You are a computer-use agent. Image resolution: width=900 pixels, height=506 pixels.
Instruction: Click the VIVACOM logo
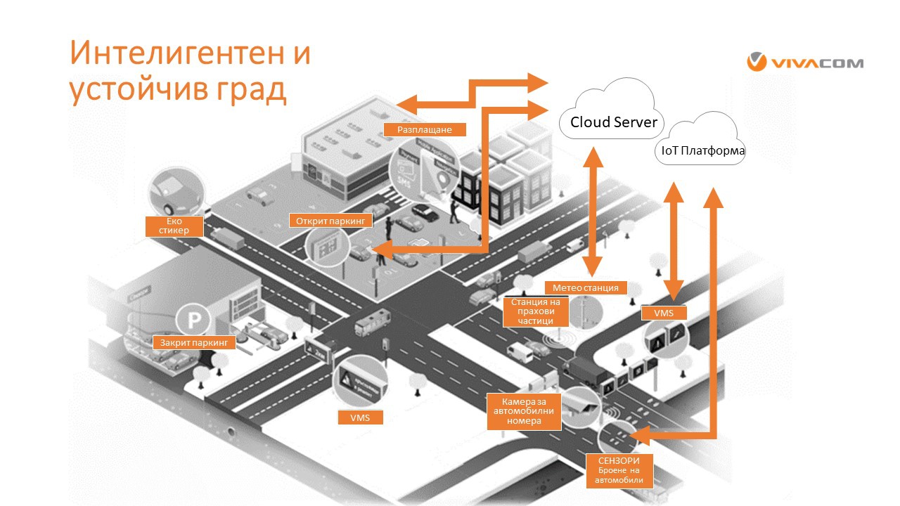[x=804, y=63]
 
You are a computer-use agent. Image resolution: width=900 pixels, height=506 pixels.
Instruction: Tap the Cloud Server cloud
[x=612, y=122]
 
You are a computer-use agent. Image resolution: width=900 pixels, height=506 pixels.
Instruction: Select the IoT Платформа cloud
[x=700, y=150]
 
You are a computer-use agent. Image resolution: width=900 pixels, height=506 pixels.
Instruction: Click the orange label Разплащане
[x=424, y=129]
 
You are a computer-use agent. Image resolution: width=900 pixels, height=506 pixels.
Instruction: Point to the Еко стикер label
[x=174, y=226]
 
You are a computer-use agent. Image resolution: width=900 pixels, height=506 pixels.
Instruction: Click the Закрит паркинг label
[x=191, y=343]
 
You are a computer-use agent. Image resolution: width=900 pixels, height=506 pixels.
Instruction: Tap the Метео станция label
[x=585, y=287]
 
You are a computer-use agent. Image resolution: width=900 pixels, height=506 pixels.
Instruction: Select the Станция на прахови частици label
[x=537, y=311]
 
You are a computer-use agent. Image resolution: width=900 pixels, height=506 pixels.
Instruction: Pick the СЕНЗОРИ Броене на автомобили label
[x=618, y=470]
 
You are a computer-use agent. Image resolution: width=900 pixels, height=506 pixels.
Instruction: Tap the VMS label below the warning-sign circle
[x=359, y=417]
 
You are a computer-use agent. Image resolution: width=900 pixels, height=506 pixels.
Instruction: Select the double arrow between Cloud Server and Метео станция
[x=593, y=211]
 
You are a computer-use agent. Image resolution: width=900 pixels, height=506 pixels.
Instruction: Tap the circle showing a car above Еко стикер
[x=179, y=191]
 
